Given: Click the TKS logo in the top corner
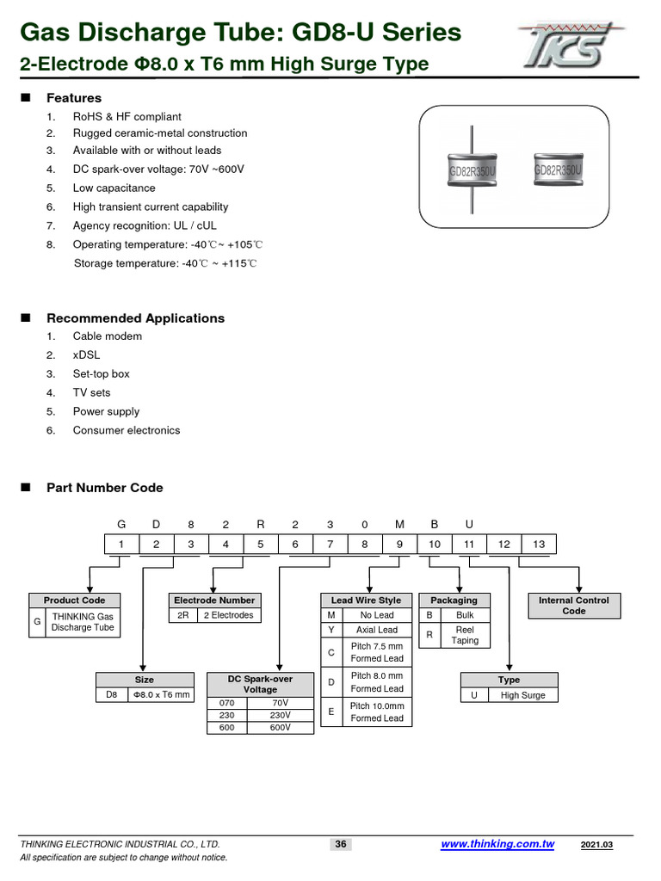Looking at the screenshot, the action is [571, 46].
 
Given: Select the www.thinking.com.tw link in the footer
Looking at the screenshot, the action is [497, 844].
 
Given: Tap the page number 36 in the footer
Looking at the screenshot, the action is [341, 844].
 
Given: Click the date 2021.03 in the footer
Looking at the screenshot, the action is [596, 845].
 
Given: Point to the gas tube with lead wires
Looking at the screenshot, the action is [472, 169].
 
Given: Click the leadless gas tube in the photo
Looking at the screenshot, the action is [558, 169].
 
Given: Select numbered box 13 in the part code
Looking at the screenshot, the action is [539, 544].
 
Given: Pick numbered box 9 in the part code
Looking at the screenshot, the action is [399, 544].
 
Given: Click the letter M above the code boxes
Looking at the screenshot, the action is [399, 524].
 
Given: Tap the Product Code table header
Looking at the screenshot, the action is [74, 600].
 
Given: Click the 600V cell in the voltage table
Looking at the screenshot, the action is [280, 728].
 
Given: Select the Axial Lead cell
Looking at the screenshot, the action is [377, 630].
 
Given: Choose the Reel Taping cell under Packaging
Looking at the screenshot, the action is [465, 635].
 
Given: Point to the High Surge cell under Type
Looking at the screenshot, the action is [522, 695].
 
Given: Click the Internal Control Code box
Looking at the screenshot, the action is [574, 606].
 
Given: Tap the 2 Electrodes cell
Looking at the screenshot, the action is [229, 615].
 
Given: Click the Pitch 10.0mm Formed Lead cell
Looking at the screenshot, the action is [377, 712].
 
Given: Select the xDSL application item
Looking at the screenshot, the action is [87, 355].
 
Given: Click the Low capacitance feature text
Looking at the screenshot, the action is [114, 188].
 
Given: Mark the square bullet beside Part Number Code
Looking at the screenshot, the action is [25, 487].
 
